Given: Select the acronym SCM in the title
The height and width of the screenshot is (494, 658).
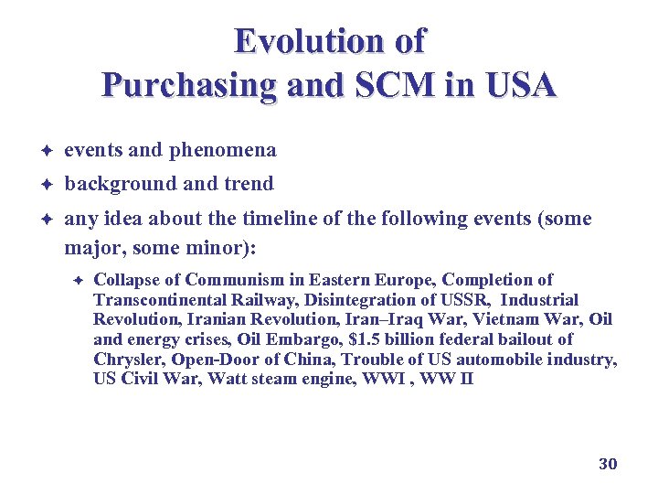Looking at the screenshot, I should (x=406, y=85).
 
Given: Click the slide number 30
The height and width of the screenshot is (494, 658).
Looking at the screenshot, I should (x=608, y=464).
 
